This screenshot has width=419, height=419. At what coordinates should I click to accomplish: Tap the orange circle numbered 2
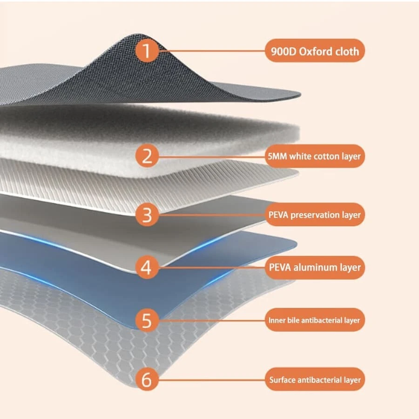(147, 156)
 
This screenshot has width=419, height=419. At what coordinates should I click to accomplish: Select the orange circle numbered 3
(147, 215)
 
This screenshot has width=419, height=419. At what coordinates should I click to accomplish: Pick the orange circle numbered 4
(147, 267)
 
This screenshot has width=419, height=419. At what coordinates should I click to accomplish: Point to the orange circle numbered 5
(147, 320)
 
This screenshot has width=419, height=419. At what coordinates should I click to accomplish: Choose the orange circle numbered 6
(147, 379)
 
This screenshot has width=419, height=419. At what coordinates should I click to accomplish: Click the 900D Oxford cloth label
(315, 51)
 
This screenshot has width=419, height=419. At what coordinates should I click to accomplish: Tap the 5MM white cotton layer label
(315, 156)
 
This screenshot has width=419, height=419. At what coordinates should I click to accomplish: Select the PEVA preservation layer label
(315, 215)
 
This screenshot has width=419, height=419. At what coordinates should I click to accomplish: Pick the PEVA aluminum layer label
(315, 268)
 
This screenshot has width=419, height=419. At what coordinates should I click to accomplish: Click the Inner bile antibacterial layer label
(315, 320)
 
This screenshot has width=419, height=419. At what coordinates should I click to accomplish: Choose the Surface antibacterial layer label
(315, 380)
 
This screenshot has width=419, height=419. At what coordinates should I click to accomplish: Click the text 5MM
(277, 156)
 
